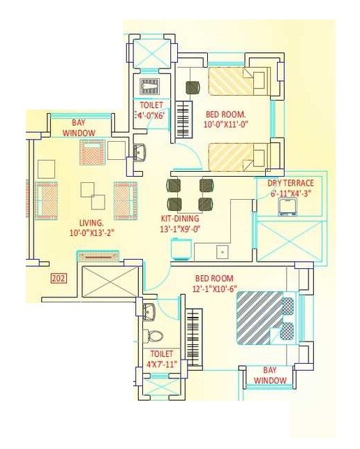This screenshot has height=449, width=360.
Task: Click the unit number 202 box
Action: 59,279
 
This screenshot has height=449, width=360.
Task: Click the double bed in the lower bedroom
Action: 266,316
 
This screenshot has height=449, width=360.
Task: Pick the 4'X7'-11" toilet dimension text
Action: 161,365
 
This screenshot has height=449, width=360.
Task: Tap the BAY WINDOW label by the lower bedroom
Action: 270,374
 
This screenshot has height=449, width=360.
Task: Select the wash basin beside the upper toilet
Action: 140,152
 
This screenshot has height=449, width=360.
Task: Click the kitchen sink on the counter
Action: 222,251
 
